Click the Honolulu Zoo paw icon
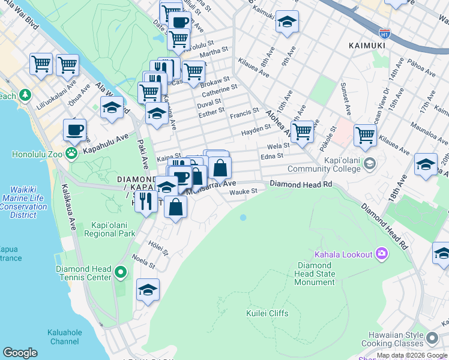click(x=72, y=154)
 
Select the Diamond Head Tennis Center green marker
click(x=121, y=274)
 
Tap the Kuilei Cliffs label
click(x=267, y=313)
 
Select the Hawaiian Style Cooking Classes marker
click(x=432, y=340)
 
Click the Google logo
click(x=20, y=352)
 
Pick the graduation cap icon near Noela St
click(x=148, y=290)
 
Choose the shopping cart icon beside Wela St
click(x=302, y=131)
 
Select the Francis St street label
click(x=245, y=111)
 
